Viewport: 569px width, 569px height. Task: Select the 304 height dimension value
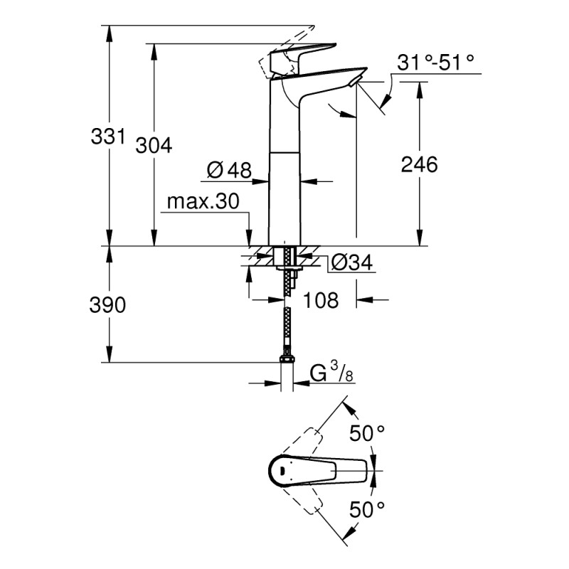click(x=154, y=145)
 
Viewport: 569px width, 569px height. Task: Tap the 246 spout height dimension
click(x=419, y=164)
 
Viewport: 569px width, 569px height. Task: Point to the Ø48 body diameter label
click(x=229, y=170)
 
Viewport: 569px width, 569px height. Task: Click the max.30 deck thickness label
click(x=203, y=202)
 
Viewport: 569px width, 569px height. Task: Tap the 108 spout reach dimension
click(x=321, y=300)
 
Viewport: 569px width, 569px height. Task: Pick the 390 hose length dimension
click(x=108, y=305)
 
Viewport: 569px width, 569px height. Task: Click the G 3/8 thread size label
click(x=331, y=372)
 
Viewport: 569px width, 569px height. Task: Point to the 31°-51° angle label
click(x=435, y=63)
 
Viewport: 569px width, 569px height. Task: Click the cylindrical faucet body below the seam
click(x=284, y=199)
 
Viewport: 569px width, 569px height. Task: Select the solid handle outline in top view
click(x=320, y=470)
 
